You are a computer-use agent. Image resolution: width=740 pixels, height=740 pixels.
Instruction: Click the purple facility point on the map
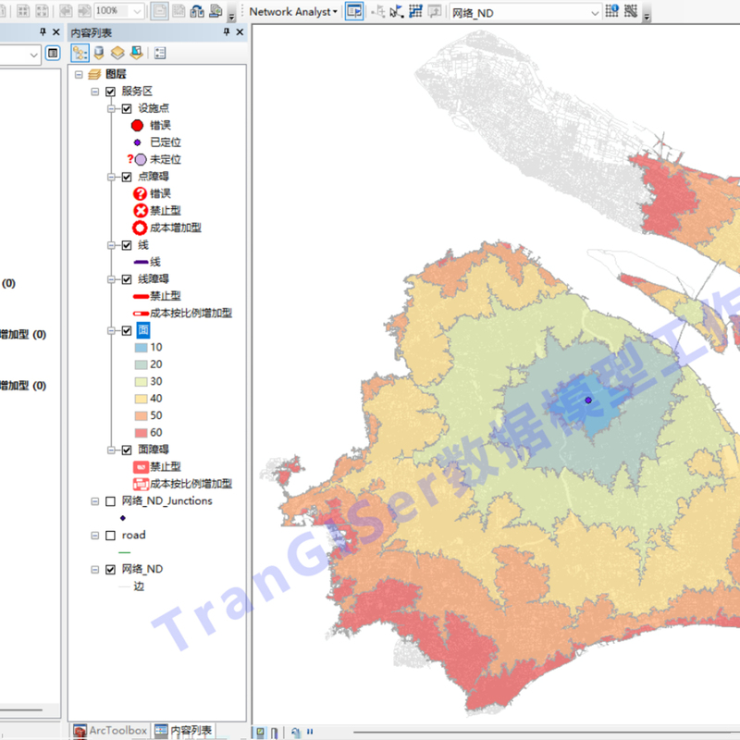(588, 400)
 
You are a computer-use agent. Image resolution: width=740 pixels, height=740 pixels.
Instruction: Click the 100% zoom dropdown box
(119, 11)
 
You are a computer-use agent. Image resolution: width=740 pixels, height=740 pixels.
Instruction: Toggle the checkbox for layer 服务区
(111, 92)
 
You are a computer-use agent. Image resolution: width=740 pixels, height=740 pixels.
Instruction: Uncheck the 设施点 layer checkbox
(127, 108)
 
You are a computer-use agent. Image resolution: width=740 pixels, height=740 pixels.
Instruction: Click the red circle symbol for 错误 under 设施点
(138, 126)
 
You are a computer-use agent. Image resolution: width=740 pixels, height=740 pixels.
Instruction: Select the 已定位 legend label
(165, 142)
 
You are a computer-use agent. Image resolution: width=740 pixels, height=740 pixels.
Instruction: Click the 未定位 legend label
(165, 159)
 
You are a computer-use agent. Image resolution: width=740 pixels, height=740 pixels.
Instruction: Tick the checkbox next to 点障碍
(127, 177)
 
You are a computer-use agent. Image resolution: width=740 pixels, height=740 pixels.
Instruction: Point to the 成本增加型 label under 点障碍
(175, 228)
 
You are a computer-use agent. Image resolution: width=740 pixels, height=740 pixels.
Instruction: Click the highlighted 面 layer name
(142, 329)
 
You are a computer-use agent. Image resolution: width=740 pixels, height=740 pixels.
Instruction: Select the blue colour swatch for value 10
(141, 347)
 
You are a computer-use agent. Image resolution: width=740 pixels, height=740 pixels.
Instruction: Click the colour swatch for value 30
(141, 381)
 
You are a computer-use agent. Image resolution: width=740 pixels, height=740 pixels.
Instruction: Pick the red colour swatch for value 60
(141, 432)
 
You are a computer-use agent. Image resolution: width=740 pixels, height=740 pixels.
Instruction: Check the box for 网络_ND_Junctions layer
(111, 501)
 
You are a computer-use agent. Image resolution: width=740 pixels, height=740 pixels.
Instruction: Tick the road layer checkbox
(111, 536)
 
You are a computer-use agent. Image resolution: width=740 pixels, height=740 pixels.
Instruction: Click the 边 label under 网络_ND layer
(139, 586)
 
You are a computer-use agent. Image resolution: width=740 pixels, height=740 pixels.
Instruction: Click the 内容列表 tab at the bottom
(183, 731)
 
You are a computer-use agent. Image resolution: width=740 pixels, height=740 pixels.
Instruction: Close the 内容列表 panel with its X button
(240, 32)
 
